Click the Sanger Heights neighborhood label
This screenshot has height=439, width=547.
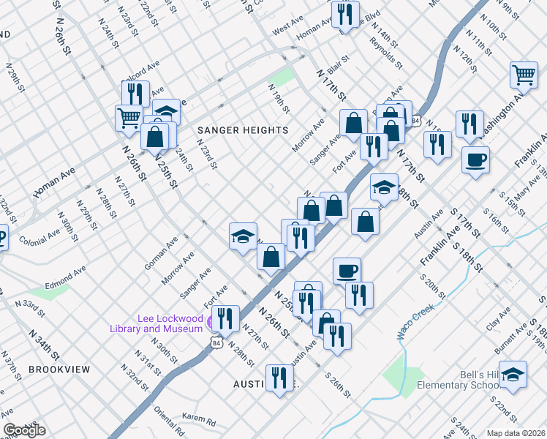tap(243, 130)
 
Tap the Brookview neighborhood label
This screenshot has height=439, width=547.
tap(59, 369)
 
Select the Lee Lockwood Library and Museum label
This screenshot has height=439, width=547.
tap(170, 323)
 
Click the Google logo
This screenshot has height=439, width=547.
tap(24, 430)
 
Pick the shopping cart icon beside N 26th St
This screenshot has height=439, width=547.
tap(129, 117)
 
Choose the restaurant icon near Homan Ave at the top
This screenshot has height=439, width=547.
tap(344, 12)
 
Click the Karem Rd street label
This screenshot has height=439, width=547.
tap(199, 421)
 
